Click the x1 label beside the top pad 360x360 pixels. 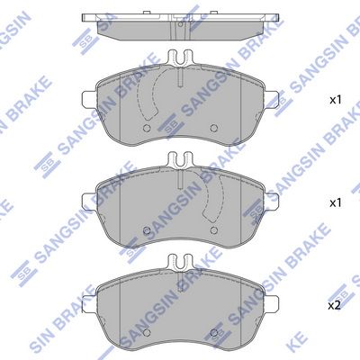(337, 100)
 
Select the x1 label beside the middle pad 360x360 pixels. (337, 203)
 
